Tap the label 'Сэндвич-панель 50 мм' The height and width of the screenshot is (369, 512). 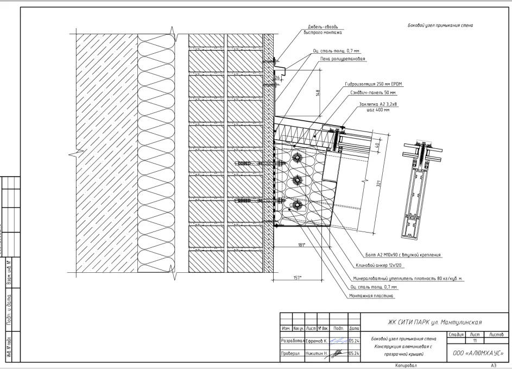370,93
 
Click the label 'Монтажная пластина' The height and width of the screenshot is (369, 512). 372,297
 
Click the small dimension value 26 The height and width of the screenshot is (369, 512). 276,78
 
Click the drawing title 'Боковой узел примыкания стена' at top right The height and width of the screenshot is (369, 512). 440,26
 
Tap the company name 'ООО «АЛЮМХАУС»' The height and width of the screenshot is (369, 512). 477,353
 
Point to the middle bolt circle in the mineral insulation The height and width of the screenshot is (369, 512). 297,180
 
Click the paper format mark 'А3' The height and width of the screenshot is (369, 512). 494,366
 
